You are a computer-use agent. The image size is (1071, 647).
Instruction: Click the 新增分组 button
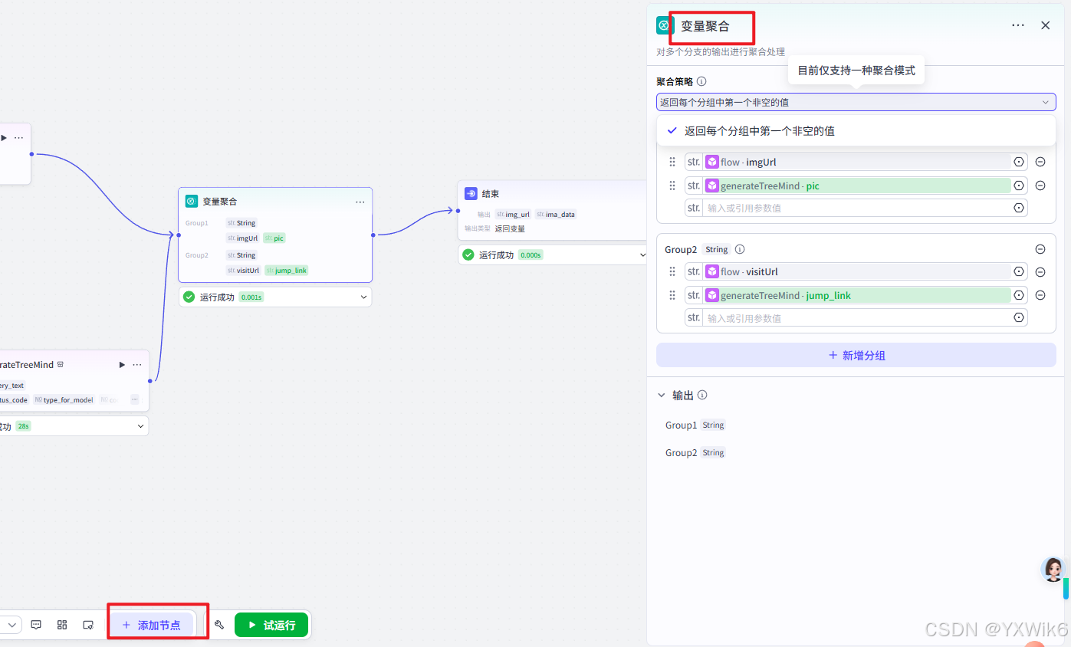click(x=856, y=355)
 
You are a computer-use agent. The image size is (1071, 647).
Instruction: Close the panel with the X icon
click(x=1045, y=25)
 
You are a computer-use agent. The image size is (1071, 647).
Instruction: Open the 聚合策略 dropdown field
click(x=856, y=102)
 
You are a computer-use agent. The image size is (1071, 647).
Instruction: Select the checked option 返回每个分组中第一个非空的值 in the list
click(x=759, y=131)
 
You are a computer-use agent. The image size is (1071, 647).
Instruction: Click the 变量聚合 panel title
click(x=705, y=26)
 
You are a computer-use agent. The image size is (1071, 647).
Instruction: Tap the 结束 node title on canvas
click(x=490, y=194)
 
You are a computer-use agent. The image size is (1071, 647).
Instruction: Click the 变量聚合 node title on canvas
click(x=219, y=202)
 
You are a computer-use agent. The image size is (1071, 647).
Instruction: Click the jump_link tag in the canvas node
click(x=287, y=271)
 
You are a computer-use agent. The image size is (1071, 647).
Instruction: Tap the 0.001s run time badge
click(x=251, y=297)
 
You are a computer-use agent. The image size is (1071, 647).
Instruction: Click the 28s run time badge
click(x=23, y=426)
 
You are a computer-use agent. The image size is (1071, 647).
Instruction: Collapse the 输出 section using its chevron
click(x=662, y=396)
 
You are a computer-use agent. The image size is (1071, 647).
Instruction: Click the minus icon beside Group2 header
click(x=1040, y=249)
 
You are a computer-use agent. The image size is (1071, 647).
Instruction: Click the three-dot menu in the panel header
click(x=1017, y=25)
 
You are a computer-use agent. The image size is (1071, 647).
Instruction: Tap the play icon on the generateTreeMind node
click(x=122, y=365)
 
